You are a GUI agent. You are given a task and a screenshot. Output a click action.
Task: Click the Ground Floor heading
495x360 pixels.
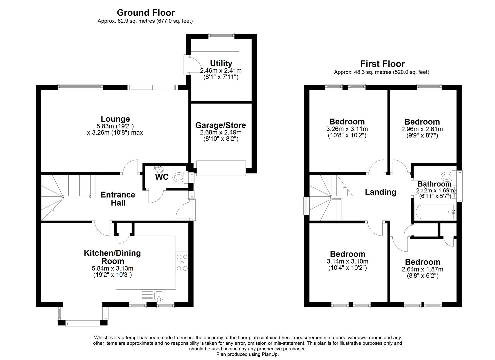[146, 13]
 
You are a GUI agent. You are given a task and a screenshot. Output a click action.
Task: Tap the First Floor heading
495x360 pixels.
[382, 64]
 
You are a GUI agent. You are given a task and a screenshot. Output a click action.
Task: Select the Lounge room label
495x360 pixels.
[115, 119]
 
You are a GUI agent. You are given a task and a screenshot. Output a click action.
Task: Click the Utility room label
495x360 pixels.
[221, 63]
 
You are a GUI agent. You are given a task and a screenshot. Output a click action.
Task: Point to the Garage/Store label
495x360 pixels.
[221, 125]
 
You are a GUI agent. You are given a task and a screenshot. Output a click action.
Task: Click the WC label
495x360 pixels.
[162, 177]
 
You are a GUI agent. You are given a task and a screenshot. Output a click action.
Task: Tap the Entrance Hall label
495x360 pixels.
[118, 199]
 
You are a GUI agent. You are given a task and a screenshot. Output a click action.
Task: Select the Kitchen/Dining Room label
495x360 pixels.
[112, 257]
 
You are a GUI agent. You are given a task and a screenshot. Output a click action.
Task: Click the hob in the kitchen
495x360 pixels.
[182, 263]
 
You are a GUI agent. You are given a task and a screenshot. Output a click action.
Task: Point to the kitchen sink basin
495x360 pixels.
[159, 296]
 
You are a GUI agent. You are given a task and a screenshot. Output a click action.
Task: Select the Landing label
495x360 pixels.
[380, 192]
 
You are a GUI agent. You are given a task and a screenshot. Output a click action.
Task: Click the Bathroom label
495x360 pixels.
[434, 184]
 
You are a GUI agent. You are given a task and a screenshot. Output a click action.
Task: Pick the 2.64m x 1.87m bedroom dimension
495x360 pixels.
[422, 269]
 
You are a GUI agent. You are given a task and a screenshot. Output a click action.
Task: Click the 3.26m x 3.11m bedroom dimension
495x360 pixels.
[347, 129]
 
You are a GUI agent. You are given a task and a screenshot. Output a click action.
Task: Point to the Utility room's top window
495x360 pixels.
[221, 36]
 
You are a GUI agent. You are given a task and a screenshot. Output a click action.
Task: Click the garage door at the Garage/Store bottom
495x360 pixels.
[221, 168]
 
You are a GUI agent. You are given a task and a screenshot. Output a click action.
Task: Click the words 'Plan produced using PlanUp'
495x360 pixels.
[247, 354]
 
